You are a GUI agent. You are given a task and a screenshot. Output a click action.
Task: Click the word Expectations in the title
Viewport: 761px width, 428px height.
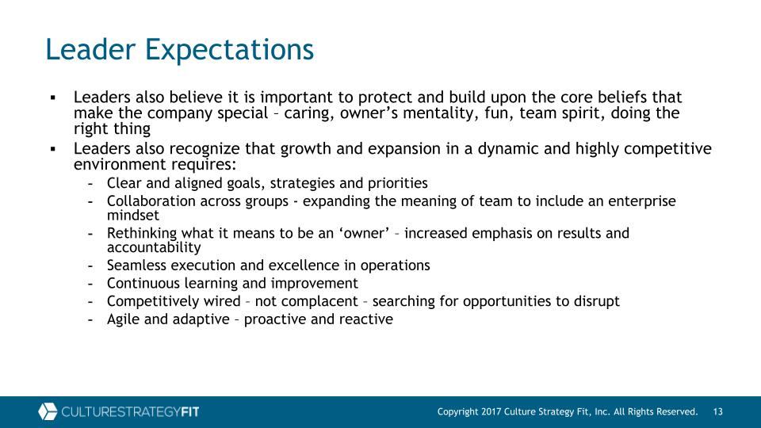(x=229, y=50)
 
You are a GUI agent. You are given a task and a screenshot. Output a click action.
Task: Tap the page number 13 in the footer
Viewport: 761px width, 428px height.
(x=718, y=412)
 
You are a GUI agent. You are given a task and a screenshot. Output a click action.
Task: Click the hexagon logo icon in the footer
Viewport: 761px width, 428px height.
(x=48, y=411)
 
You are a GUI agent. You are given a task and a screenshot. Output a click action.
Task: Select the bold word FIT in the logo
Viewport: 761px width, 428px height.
(x=189, y=412)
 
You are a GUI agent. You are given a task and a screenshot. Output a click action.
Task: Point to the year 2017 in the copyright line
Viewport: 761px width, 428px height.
(x=491, y=412)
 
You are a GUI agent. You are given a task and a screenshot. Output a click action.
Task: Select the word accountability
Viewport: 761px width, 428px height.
(x=154, y=247)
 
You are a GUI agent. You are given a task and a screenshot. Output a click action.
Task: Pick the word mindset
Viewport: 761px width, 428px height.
(x=133, y=215)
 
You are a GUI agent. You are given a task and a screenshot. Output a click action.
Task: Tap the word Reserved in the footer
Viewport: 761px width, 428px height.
(x=676, y=412)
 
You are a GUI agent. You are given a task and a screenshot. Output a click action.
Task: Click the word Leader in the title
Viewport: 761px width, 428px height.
(x=90, y=49)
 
